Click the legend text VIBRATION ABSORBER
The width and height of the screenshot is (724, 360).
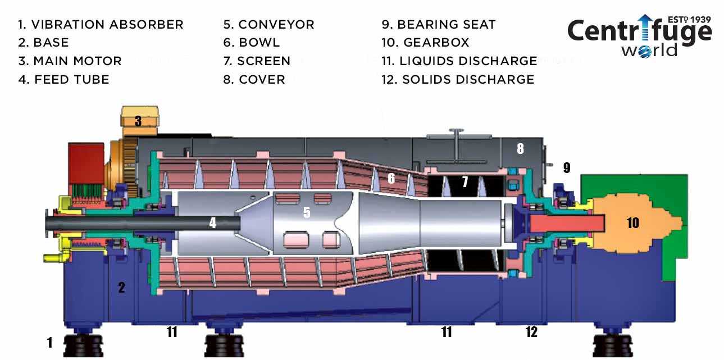click(x=107, y=25)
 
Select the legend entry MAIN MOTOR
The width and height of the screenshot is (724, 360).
click(x=78, y=61)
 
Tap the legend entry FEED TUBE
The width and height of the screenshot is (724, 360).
click(x=72, y=80)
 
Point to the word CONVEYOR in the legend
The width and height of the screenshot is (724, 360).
click(x=276, y=25)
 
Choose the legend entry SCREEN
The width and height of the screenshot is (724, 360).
click(x=264, y=61)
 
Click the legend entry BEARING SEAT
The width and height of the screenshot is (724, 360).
click(x=446, y=25)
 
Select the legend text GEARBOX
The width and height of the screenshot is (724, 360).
click(x=436, y=42)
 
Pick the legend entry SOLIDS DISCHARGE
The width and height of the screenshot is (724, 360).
click(x=468, y=80)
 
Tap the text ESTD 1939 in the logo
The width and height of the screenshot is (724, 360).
click(x=689, y=20)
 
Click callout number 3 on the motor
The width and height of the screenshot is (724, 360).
click(x=138, y=121)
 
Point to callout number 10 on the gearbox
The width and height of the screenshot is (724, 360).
click(x=632, y=223)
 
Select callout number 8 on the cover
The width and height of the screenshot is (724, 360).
click(x=520, y=149)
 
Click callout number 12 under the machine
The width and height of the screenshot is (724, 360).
click(x=531, y=332)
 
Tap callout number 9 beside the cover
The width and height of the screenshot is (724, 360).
click(x=567, y=168)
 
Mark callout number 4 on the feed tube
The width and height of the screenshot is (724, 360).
click(x=212, y=222)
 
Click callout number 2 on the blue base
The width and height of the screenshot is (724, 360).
click(x=121, y=288)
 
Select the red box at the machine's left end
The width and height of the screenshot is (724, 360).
click(x=86, y=163)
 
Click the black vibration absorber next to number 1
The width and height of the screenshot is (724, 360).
click(x=83, y=345)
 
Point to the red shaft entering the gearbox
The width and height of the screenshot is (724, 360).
click(x=567, y=224)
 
